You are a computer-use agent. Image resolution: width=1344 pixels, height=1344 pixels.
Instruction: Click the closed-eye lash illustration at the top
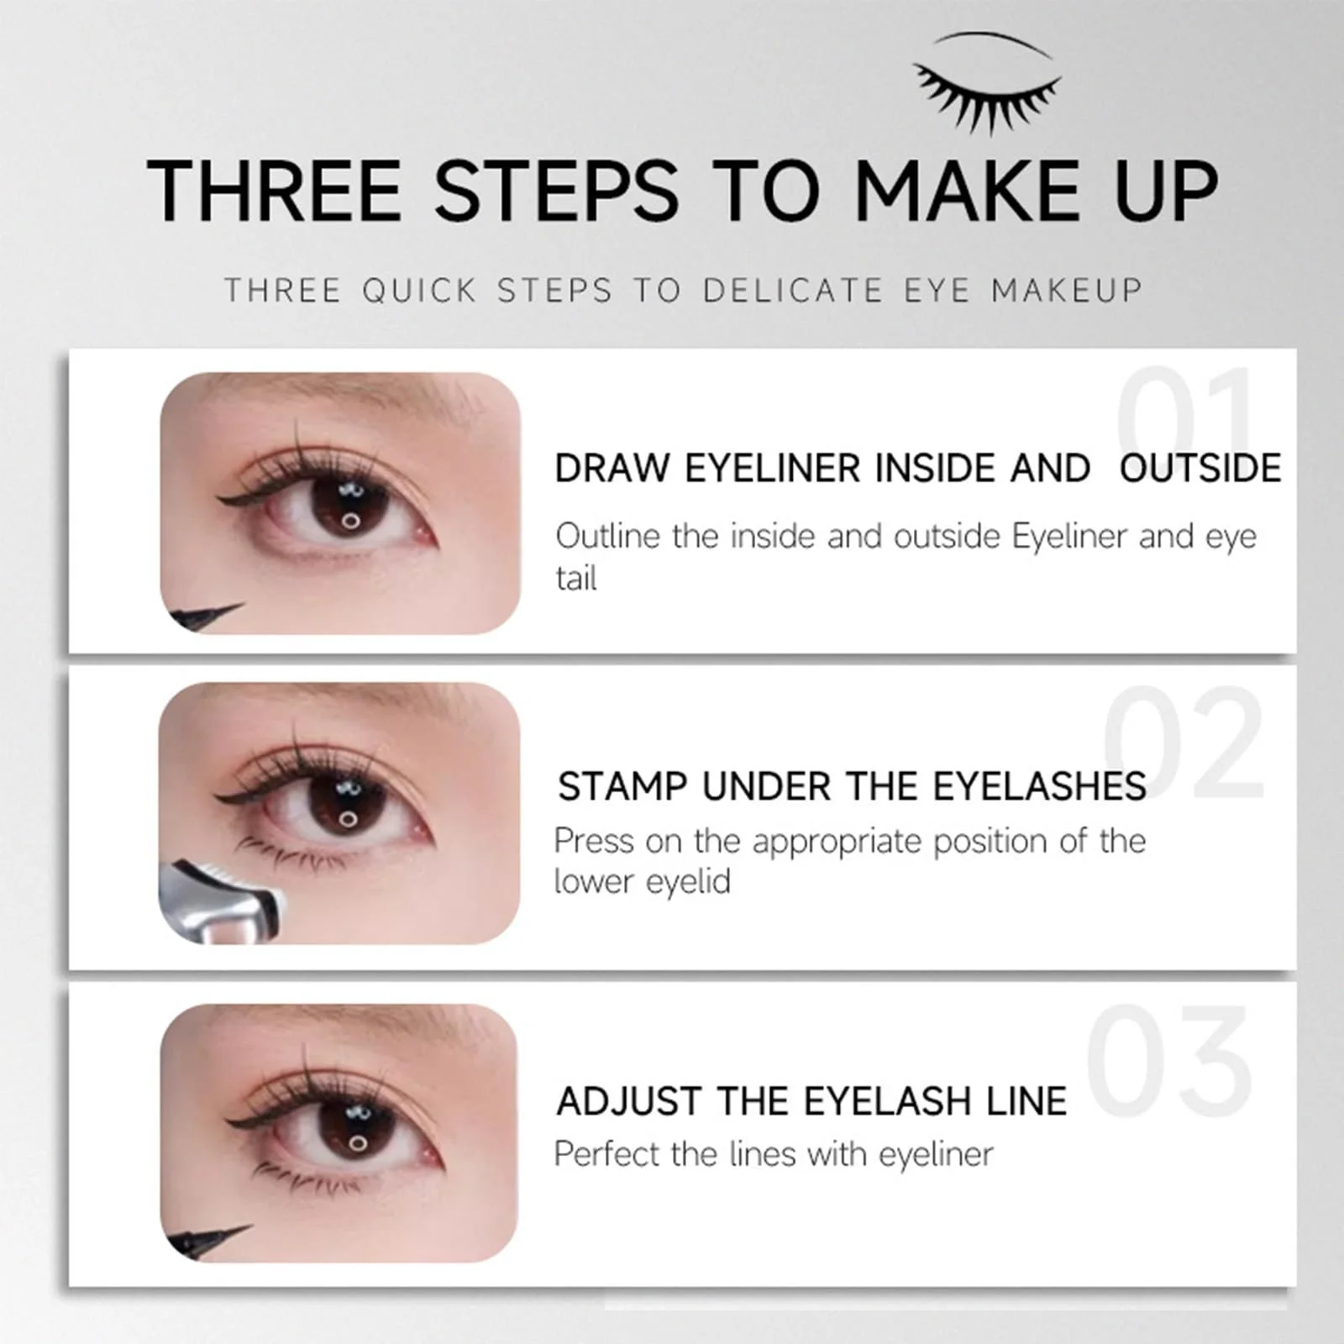point(988,84)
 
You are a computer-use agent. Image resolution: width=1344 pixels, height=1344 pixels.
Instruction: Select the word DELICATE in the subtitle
point(792,291)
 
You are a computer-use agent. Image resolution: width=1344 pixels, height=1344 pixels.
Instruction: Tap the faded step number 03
point(1168,1059)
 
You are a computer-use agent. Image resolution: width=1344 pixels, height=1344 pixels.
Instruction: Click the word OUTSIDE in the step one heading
point(1200,468)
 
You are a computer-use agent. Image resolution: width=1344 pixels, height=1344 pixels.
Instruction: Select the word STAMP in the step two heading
point(622,787)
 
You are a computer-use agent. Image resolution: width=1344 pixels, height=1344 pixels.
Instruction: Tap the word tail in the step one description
point(576,578)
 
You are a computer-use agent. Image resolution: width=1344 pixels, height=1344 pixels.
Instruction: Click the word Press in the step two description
point(593,841)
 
